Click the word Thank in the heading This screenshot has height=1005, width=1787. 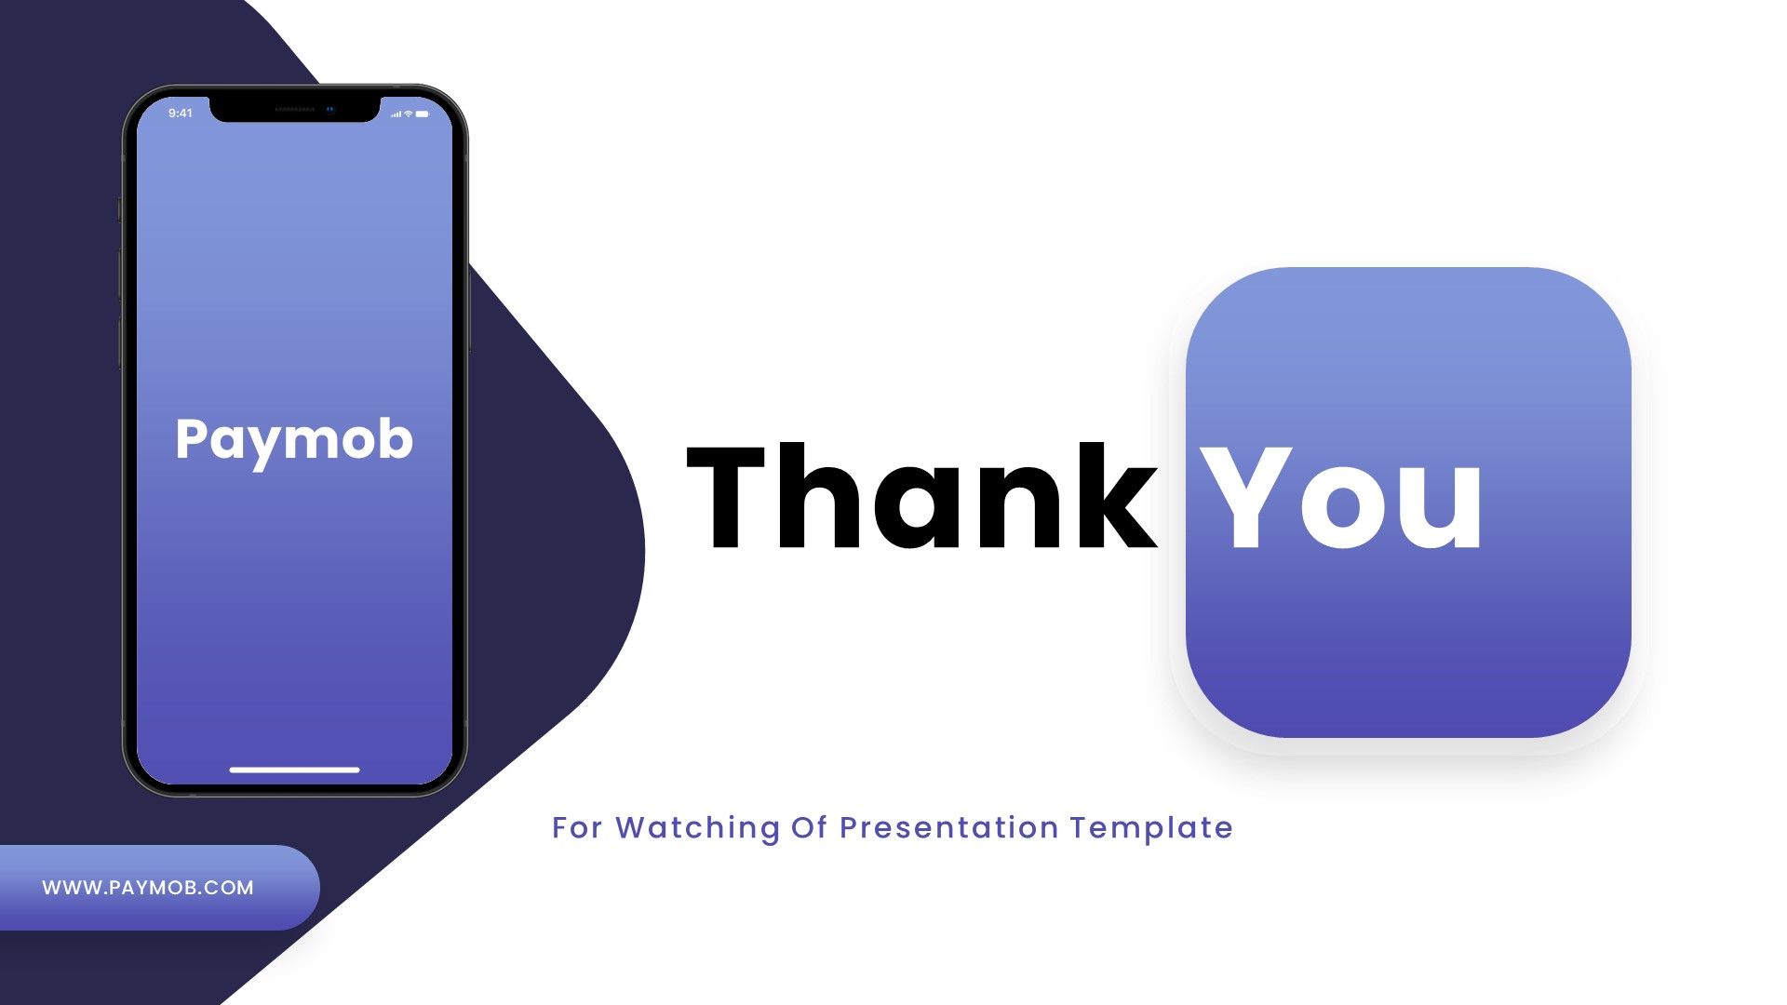(921, 498)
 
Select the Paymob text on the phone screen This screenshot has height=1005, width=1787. (294, 439)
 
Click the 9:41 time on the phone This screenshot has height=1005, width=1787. (181, 114)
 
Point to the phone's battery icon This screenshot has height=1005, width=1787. (423, 114)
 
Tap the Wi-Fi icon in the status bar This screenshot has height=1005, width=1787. (409, 114)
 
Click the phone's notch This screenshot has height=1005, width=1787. (295, 108)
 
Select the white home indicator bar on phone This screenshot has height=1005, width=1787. (294, 770)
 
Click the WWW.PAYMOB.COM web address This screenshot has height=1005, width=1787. (148, 888)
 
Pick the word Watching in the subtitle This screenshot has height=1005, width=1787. (698, 828)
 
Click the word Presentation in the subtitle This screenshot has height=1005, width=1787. (949, 828)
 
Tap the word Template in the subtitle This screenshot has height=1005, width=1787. (1151, 828)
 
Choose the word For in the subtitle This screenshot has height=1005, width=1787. (577, 828)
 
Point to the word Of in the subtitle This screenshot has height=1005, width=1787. (810, 828)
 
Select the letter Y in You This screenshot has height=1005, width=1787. (1245, 498)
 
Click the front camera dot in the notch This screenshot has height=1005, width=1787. (330, 109)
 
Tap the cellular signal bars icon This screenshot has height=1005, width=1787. (396, 114)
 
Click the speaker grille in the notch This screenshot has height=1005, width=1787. (295, 109)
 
